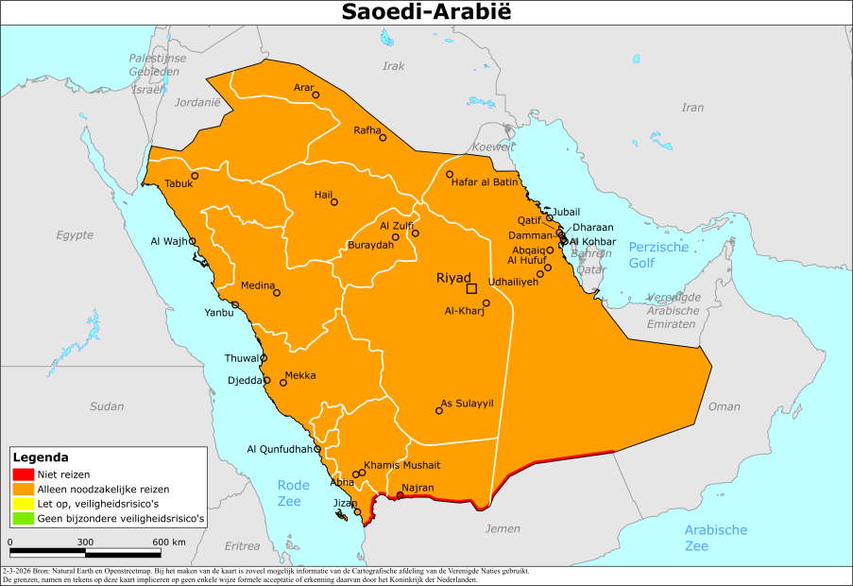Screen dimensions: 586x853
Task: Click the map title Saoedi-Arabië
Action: coord(426,12)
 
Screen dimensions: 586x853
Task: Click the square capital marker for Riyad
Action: coord(471,288)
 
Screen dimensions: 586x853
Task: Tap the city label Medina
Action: coord(257,285)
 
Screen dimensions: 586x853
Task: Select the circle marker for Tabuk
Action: coord(196,175)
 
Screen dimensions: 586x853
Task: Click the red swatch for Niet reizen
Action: coord(24,474)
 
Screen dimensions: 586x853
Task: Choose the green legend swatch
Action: coord(24,519)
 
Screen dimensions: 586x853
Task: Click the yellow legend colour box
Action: coord(24,504)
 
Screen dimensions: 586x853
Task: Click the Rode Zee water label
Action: coord(293,492)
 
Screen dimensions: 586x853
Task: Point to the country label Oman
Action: coord(725,406)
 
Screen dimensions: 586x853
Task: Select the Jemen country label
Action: coord(503,529)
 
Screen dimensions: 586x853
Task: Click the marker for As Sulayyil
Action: coord(439,410)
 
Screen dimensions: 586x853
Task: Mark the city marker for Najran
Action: coord(400,495)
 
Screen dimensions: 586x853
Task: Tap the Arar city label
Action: coord(303,88)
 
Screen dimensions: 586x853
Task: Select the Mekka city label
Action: coord(300,375)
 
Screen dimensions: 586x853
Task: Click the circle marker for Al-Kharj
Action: coord(486,303)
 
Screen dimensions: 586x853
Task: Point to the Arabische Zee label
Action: coord(716,538)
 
